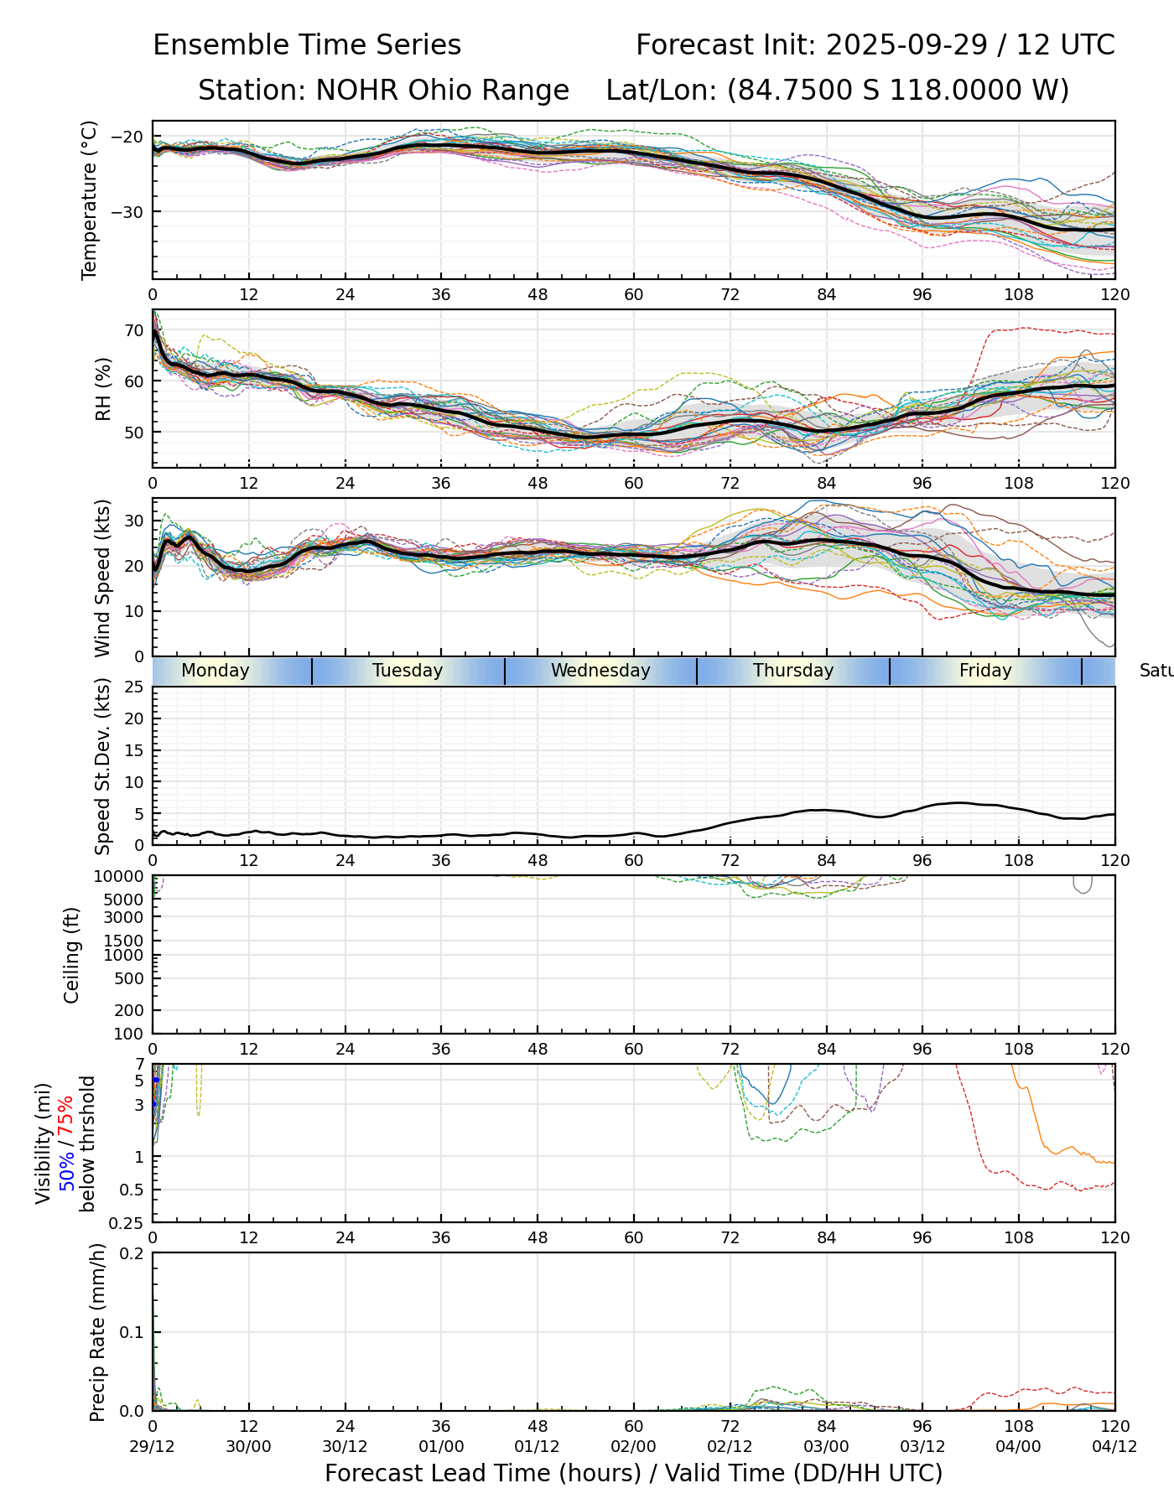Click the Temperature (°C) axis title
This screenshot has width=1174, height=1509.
tap(90, 200)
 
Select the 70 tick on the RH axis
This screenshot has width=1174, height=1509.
tap(134, 330)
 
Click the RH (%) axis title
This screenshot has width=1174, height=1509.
tap(103, 388)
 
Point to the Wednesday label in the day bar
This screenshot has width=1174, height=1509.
tap(600, 671)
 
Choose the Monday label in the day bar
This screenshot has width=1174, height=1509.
tap(216, 671)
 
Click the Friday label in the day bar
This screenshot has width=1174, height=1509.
tap(985, 671)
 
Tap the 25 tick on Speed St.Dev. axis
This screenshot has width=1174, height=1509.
tap(134, 687)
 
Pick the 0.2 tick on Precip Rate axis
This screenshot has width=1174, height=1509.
tap(132, 1254)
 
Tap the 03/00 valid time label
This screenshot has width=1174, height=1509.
tap(826, 1447)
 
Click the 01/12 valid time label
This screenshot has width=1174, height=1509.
tap(538, 1447)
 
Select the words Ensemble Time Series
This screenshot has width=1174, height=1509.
tap(307, 45)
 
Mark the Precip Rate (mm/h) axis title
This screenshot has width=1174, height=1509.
tap(98, 1333)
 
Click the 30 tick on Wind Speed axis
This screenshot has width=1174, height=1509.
tap(134, 521)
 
